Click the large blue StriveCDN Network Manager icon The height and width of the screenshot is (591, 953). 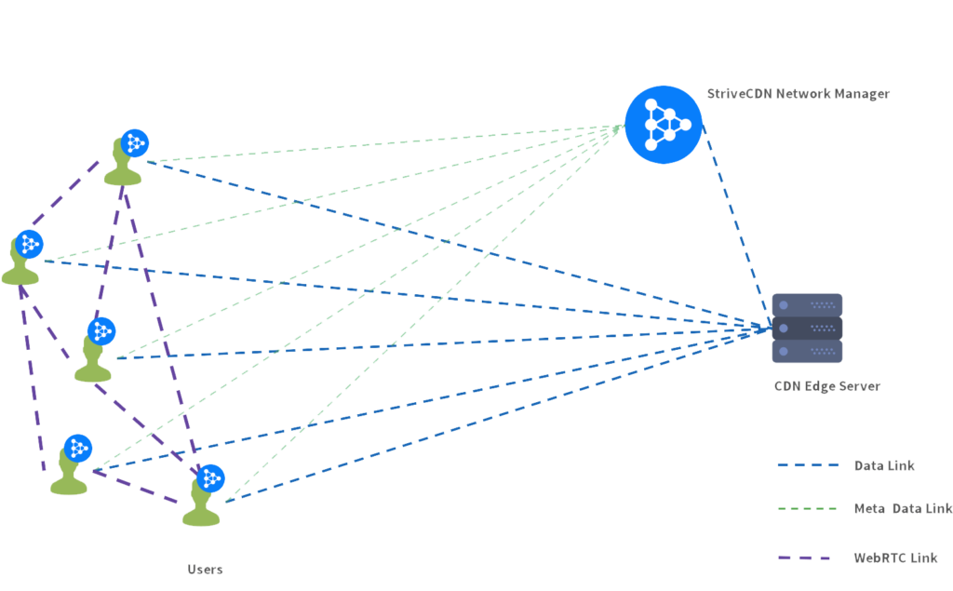tap(664, 124)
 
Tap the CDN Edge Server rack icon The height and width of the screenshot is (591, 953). tap(807, 329)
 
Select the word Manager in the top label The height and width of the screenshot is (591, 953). tap(861, 94)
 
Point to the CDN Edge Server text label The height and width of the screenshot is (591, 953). tap(826, 386)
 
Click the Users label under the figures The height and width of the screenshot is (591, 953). tap(205, 569)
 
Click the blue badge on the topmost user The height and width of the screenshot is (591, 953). tap(135, 142)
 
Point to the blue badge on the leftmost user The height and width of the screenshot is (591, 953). tap(31, 244)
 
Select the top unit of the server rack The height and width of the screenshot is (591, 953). tap(807, 304)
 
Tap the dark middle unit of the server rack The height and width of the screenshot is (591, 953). tap(807, 329)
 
